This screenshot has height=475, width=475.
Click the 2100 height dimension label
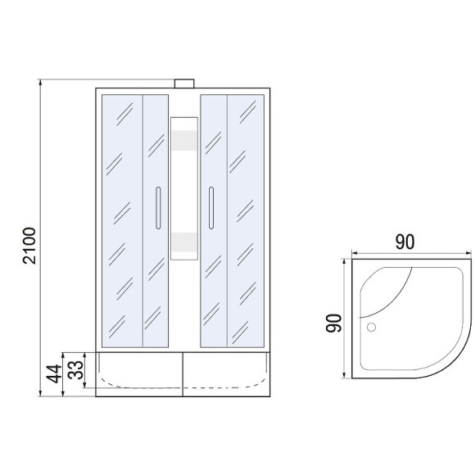(x=29, y=246)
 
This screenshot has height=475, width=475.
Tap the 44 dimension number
(x=53, y=373)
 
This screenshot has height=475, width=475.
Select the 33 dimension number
(x=75, y=369)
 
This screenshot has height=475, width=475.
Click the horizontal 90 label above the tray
(x=405, y=242)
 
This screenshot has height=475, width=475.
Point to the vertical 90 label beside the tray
(x=333, y=323)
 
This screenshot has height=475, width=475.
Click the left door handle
(x=158, y=208)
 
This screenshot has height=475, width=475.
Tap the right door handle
(x=211, y=208)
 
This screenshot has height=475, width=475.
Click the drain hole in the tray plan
(x=371, y=327)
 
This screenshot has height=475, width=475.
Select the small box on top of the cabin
(x=184, y=84)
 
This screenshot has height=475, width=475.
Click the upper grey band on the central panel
(x=184, y=141)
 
